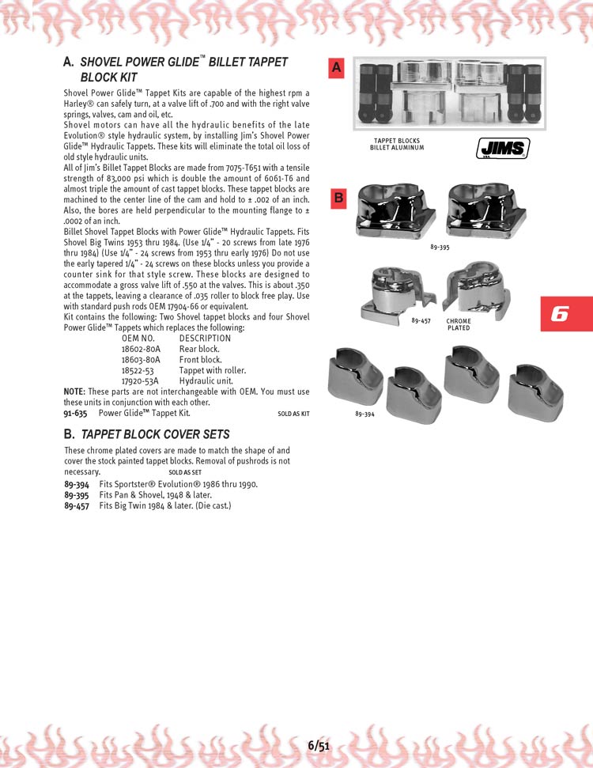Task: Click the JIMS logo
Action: click(503, 148)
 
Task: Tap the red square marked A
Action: click(337, 69)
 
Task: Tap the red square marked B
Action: click(338, 198)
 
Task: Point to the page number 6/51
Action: click(319, 744)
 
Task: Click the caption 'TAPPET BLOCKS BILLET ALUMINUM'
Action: click(397, 144)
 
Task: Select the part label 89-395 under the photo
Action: click(440, 248)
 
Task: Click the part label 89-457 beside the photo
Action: click(421, 321)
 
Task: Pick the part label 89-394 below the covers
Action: click(365, 414)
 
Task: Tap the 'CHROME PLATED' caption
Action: click(459, 324)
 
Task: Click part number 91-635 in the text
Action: click(75, 413)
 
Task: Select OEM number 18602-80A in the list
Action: click(141, 349)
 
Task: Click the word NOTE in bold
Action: click(74, 392)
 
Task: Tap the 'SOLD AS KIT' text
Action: click(293, 414)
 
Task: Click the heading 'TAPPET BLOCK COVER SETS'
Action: click(155, 434)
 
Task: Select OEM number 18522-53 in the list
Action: click(138, 370)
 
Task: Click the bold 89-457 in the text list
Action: click(76, 505)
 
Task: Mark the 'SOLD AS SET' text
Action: click(185, 472)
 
